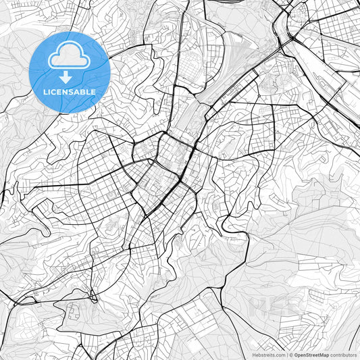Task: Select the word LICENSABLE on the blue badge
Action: pyautogui.click(x=70, y=92)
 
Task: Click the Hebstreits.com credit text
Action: pyautogui.click(x=268, y=355)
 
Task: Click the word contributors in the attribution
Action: pyautogui.click(x=344, y=355)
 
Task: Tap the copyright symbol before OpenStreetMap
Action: pyautogui.click(x=291, y=355)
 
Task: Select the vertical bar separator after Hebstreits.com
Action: pyautogui.click(x=286, y=355)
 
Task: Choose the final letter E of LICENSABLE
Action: pyautogui.click(x=93, y=92)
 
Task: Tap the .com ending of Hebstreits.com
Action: pyautogui.click(x=279, y=355)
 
